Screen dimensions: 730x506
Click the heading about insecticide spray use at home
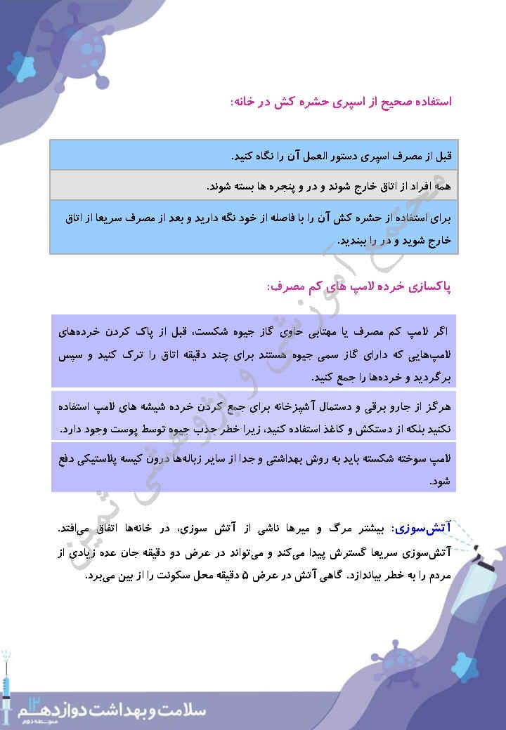[340, 102]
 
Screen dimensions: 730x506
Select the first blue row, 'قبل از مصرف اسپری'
[254, 154]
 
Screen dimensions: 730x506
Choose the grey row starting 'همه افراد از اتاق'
[254, 186]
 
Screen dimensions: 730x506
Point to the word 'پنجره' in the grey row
[266, 187]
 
